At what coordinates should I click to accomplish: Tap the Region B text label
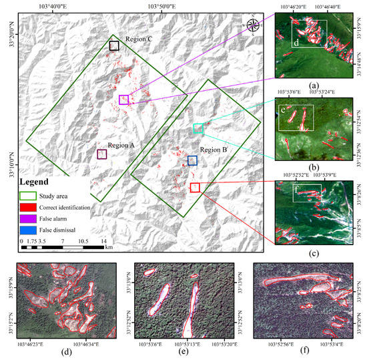tap(214, 150)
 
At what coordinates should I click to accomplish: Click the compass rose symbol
tap(254, 25)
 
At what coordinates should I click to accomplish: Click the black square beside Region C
tap(114, 46)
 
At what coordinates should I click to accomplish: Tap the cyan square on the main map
tap(199, 128)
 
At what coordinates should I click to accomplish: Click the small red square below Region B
tap(195, 188)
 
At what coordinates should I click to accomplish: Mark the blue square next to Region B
tap(192, 160)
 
